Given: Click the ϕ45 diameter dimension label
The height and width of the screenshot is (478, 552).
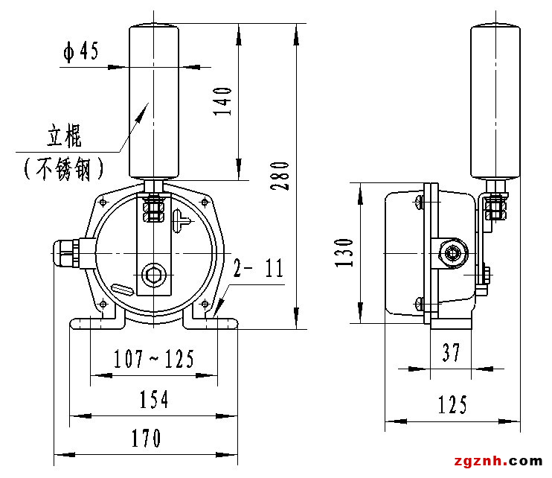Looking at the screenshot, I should point(81,53).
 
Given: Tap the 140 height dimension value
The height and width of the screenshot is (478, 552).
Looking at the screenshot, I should point(223,101).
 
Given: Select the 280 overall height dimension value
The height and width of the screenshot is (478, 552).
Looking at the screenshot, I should point(280,175).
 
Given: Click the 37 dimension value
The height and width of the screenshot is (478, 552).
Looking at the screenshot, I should point(452,353).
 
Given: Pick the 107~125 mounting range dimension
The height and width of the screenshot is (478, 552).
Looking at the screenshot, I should point(154,360).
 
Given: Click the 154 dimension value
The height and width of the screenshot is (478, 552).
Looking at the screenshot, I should point(154,400).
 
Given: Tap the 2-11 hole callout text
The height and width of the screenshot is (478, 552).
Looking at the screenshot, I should point(259,269).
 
